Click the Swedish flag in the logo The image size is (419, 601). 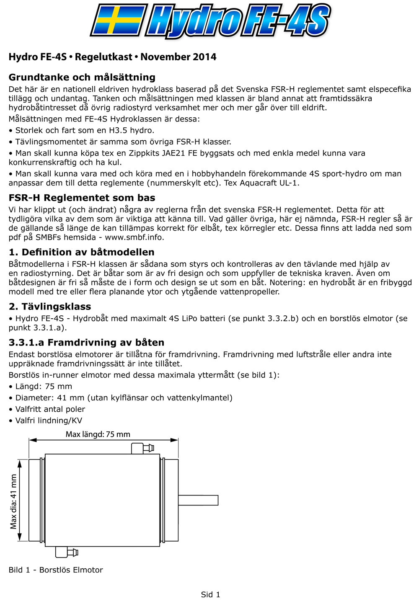118,20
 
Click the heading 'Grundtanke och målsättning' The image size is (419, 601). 82,77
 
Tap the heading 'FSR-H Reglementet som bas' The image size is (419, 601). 82,198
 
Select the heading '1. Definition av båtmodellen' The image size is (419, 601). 82,252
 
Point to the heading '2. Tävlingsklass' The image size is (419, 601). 50,307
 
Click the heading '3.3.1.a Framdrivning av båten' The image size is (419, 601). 86,343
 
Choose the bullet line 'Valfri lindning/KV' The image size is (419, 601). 49,421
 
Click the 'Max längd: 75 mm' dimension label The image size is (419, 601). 98,434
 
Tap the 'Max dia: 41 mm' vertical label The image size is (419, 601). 14,501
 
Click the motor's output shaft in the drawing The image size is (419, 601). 198,500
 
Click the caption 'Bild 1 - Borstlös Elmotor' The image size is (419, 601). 56,570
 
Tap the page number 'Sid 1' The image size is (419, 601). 210,595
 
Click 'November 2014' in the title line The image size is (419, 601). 178,57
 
